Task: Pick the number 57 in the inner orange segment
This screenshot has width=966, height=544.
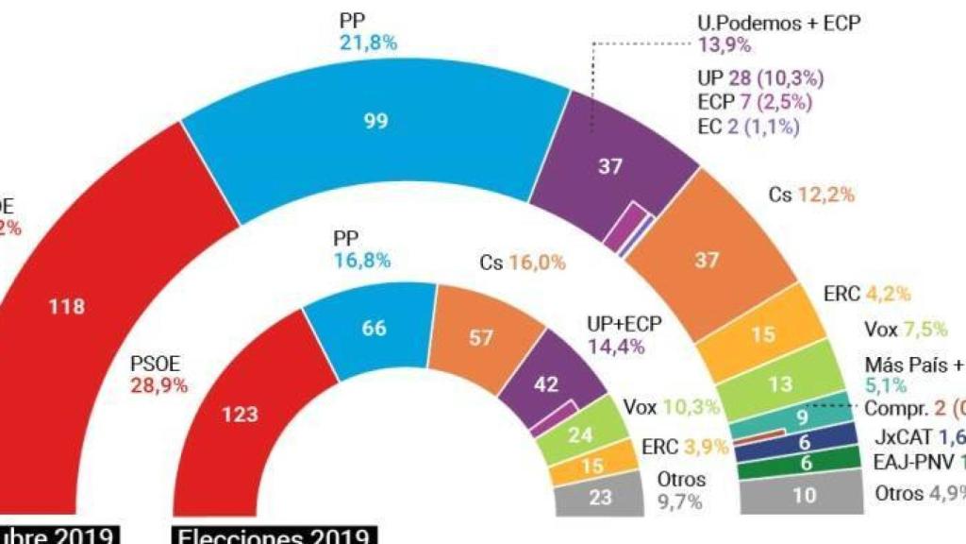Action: (x=481, y=338)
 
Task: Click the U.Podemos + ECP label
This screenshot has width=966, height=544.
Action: (x=779, y=24)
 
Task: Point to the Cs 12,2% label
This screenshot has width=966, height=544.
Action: (x=811, y=195)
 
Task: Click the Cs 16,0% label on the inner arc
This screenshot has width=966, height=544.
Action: (x=519, y=263)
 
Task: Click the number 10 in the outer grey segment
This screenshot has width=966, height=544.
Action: (x=804, y=493)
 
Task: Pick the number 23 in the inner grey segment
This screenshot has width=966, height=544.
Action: (x=601, y=497)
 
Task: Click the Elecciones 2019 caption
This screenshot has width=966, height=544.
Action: (x=275, y=535)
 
